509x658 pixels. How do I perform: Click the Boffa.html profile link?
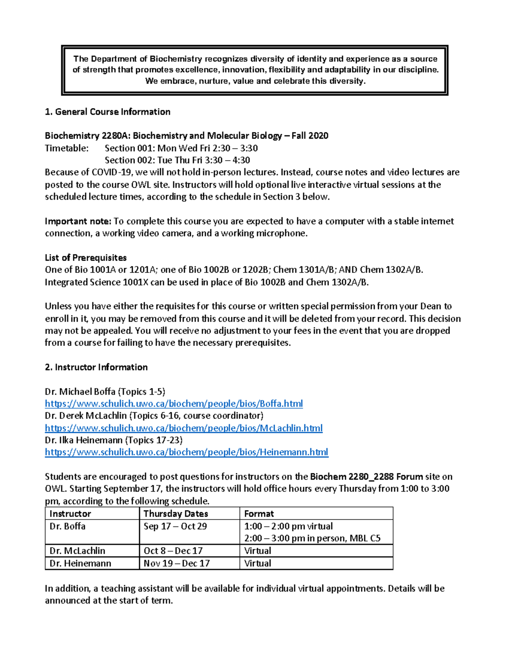173,403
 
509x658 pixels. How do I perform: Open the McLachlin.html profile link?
183,428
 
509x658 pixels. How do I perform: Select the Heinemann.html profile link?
186,452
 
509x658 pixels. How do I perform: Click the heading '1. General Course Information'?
108,112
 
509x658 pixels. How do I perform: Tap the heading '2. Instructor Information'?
96,367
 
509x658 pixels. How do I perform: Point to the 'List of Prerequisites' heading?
86,258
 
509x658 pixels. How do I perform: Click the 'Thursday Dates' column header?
176,514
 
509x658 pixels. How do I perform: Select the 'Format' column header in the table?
259,514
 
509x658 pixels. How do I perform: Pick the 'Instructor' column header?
70,514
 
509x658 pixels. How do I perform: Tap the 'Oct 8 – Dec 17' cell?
173,551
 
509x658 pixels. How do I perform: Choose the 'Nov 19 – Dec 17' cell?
176,564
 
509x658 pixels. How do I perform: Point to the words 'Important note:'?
78,221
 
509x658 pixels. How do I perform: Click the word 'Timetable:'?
67,148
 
